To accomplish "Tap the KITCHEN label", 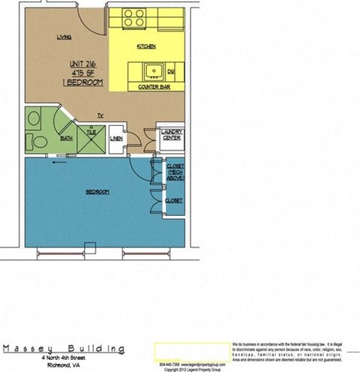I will (145, 46).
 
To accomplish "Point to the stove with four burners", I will (134, 18).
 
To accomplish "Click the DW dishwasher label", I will (171, 72).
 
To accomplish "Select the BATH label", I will (66, 139).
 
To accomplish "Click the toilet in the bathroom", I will (34, 141).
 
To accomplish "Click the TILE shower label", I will (91, 132).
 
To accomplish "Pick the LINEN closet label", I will (116, 139).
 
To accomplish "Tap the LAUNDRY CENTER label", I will (172, 135).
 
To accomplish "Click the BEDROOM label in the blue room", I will (97, 192).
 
